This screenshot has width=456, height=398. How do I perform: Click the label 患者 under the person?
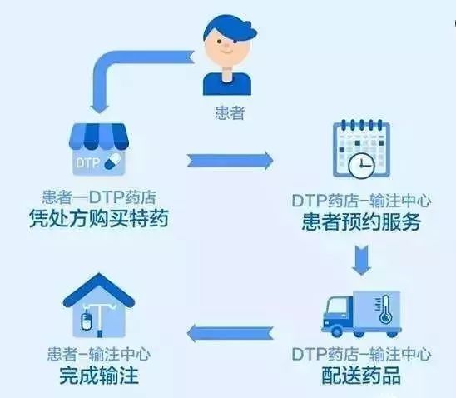230,113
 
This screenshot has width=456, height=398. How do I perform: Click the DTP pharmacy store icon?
99,149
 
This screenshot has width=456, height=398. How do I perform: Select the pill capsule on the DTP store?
112,162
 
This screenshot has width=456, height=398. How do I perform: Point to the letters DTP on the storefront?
87,162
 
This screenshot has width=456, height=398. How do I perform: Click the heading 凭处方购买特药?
99,218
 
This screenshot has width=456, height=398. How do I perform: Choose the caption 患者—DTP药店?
99,197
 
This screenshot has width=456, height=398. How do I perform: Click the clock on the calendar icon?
361,166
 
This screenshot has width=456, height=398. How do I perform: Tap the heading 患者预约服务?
361,222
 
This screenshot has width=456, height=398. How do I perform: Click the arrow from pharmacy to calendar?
230,161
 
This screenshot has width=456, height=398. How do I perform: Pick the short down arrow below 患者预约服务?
361,260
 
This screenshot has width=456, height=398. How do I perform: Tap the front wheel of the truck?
337,331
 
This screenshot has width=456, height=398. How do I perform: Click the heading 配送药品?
361,376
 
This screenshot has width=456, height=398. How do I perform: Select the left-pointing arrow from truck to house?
230,333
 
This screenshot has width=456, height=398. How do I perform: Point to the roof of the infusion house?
99,288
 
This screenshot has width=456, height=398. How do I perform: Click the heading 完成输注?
99,376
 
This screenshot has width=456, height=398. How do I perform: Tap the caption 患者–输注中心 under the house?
99,355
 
